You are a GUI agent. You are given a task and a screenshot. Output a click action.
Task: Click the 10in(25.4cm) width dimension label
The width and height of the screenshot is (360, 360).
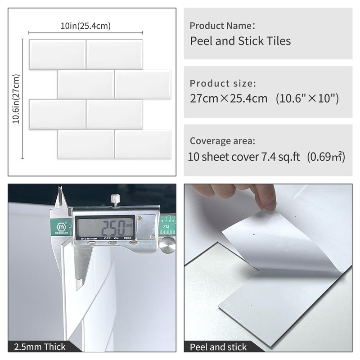pos(85,26)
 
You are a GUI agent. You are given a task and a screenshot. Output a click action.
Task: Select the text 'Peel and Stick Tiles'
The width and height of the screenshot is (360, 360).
pos(240,41)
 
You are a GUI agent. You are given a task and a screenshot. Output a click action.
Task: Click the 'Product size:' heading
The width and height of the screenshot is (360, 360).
pos(223,83)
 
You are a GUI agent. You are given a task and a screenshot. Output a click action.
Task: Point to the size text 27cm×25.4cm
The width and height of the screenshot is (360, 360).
pos(229,98)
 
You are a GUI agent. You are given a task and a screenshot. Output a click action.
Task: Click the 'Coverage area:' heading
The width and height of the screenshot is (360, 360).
pos(222,141)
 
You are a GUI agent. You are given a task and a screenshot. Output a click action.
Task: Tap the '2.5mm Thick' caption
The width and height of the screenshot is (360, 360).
pos(40,346)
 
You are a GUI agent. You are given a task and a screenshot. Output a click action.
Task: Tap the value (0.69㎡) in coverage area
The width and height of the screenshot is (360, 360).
pos(326,157)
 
